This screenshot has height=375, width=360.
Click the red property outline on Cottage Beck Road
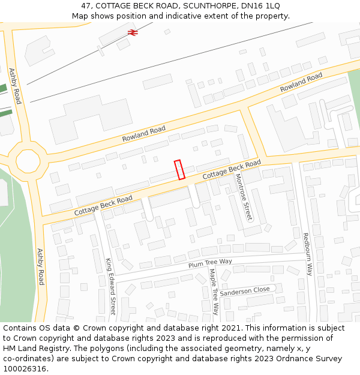pyautogui.click(x=179, y=169)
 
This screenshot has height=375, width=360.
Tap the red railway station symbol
pyautogui.click(x=133, y=33)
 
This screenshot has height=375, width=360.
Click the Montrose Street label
pyautogui.click(x=244, y=197)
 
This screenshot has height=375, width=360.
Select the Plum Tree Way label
pyautogui.click(x=210, y=262)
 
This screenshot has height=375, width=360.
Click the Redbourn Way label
pyautogui.click(x=307, y=254)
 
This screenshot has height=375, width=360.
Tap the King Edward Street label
pyautogui.click(x=110, y=286)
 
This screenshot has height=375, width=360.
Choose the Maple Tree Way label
pyautogui.click(x=214, y=292)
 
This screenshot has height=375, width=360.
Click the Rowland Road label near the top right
pyautogui.click(x=301, y=82)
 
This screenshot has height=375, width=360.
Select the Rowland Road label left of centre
pyautogui.click(x=143, y=134)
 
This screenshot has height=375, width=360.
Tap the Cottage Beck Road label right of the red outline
pyautogui.click(x=231, y=169)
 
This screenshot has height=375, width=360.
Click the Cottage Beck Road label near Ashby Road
pyautogui.click(x=103, y=206)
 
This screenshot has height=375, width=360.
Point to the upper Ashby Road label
pyautogui.click(x=15, y=86)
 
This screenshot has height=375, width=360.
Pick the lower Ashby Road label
pyautogui.click(x=40, y=266)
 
